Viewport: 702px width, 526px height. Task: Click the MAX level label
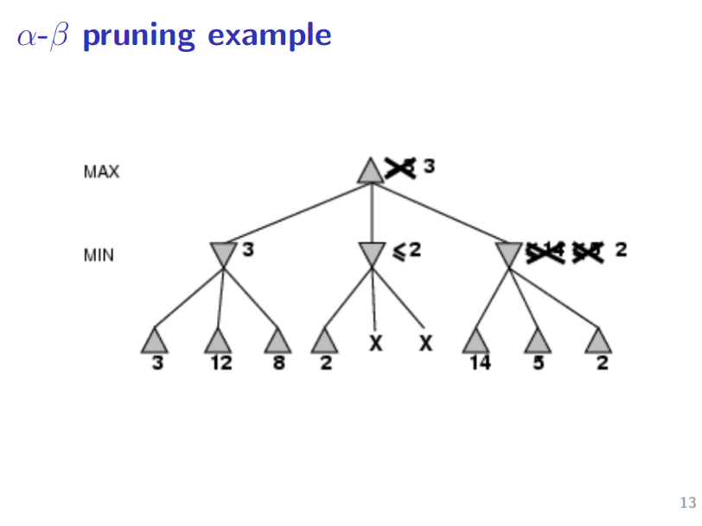tap(101, 171)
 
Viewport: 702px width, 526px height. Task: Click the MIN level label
tap(99, 255)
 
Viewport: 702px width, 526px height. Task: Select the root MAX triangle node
tap(371, 171)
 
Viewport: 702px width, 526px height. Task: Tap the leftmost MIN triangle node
tap(223, 253)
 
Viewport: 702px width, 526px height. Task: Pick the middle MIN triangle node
tap(372, 253)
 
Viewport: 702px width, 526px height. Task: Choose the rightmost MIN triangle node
tap(509, 253)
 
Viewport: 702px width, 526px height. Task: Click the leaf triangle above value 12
tap(218, 341)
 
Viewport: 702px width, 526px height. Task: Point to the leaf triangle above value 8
tap(278, 341)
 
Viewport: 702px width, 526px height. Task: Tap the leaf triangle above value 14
tap(476, 341)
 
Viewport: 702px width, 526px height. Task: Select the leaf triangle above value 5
tap(538, 341)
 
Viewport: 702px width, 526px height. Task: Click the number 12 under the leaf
tap(220, 363)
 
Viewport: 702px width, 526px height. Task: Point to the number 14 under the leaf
tap(479, 363)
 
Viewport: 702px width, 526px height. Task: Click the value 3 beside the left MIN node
tap(248, 250)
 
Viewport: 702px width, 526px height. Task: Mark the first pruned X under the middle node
tap(376, 343)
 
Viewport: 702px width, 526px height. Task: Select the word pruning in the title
tap(139, 35)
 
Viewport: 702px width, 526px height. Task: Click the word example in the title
tap(270, 35)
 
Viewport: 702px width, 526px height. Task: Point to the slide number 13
tap(688, 503)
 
